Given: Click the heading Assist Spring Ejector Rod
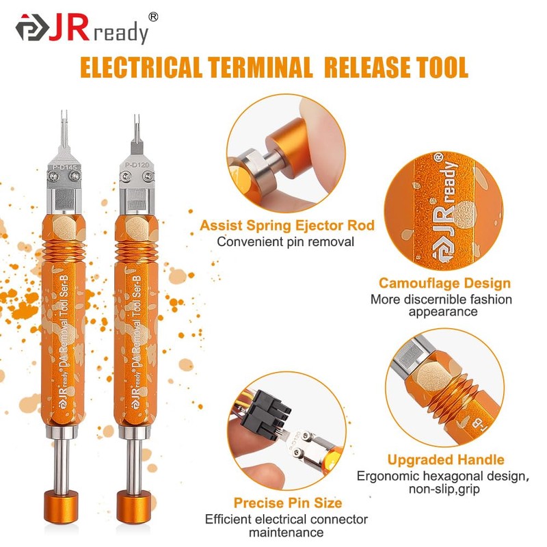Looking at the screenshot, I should click(x=286, y=226).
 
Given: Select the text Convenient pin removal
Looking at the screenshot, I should click(x=285, y=241).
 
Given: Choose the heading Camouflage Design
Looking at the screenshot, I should click(x=444, y=283).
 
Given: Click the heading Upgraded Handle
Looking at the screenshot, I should click(x=446, y=459).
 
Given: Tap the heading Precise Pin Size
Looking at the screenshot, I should click(x=288, y=503).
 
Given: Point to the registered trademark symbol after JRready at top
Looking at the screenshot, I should click(x=153, y=16).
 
